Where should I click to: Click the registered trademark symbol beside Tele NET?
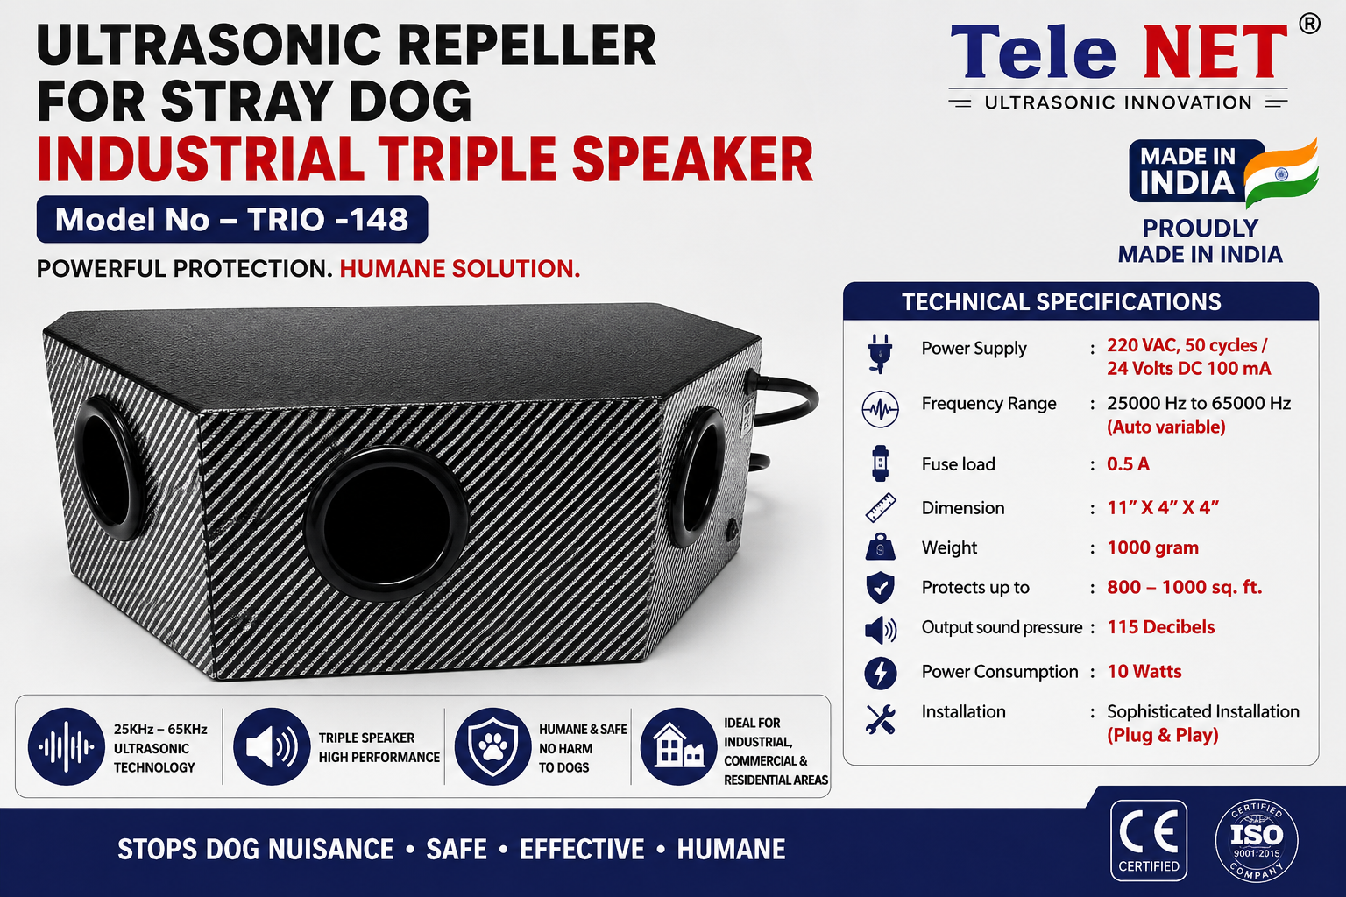coord(1309,24)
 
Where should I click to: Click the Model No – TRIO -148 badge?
coord(232,219)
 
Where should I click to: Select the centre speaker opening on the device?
coord(386,523)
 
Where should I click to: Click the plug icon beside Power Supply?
coord(880,353)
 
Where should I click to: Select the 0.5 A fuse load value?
coord(1128,463)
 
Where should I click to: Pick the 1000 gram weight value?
coord(1152,547)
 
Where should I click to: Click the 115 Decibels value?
coord(1160,626)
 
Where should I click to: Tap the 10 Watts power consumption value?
coord(1144,671)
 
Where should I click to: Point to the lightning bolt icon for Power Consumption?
coord(881,673)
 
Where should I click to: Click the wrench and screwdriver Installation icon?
coord(881,718)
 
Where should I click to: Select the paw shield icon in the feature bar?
coord(492,746)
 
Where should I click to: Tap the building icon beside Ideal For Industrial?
coord(678,746)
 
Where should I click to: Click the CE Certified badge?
coord(1148,840)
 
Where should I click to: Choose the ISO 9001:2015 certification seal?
coord(1257,840)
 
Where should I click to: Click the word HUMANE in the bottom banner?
coord(732,850)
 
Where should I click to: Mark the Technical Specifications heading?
coord(1061,301)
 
